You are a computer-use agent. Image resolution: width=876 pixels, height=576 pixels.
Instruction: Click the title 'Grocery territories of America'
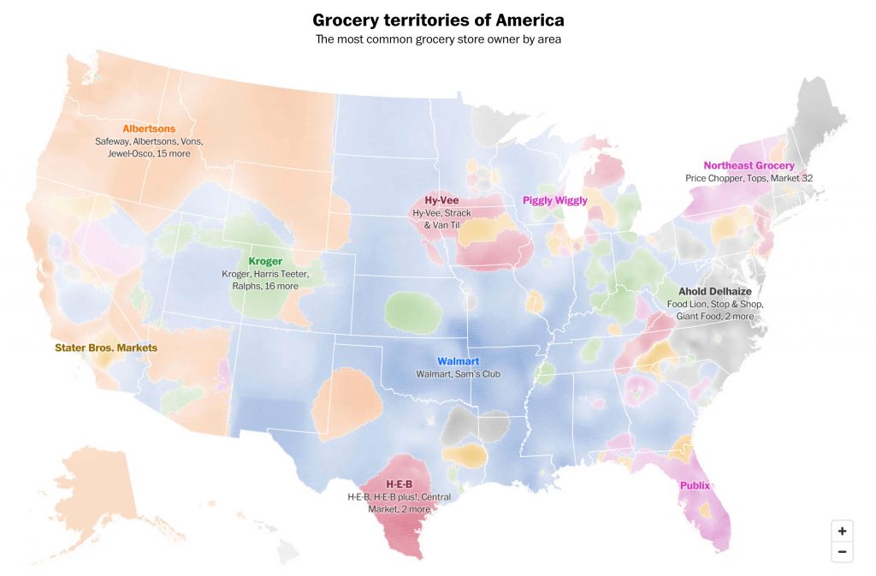point(438,20)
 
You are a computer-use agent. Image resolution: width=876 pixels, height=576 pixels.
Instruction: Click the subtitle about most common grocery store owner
point(438,39)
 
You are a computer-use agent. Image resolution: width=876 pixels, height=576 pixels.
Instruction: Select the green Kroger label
point(265,261)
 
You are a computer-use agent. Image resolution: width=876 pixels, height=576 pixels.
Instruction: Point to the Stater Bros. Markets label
point(106,347)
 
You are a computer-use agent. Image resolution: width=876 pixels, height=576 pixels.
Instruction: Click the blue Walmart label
point(458,361)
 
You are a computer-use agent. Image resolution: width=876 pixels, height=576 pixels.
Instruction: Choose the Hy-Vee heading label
point(441,200)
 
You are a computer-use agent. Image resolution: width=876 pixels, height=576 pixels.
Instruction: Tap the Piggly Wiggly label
point(555,200)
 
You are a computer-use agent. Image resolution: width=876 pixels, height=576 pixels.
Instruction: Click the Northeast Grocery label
point(749,165)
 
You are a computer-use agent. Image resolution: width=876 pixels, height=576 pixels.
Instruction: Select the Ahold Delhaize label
point(714,291)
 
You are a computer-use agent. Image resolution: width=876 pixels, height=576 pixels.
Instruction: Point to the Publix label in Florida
point(695,485)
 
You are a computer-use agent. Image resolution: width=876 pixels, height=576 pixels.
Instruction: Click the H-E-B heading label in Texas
point(400,484)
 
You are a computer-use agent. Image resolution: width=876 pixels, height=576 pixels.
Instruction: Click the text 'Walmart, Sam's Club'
point(458,374)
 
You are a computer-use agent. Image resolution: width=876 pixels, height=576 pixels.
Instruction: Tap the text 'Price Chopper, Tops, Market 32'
point(749,178)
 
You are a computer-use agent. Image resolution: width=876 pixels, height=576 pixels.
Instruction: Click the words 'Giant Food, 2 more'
point(714,316)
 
